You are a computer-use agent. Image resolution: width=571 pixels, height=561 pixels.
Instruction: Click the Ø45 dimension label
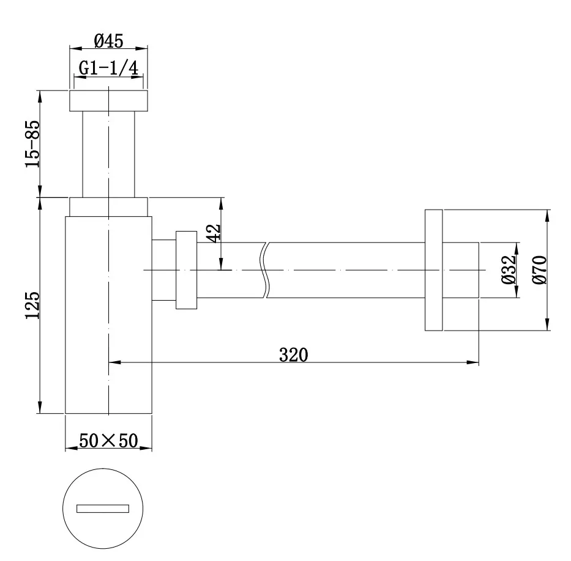[109, 40]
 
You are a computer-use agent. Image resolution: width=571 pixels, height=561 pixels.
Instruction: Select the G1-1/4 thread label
[108, 67]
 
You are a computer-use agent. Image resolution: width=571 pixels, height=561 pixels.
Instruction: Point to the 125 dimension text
[33, 305]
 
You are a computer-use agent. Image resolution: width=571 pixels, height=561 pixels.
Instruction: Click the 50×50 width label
[108, 440]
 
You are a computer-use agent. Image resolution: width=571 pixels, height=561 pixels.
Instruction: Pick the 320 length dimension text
[294, 354]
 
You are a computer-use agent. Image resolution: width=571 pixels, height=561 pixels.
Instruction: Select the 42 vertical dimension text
[214, 233]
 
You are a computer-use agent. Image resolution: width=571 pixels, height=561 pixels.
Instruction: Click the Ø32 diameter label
[508, 269]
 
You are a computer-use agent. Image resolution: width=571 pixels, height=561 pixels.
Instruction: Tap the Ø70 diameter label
[539, 269]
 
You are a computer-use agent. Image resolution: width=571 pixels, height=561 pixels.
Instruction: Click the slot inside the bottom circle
[103, 508]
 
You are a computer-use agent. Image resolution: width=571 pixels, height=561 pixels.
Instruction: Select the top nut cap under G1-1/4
[108, 101]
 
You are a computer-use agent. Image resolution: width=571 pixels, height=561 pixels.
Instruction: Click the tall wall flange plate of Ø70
[433, 270]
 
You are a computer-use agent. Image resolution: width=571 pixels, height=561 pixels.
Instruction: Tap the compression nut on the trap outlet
[186, 269]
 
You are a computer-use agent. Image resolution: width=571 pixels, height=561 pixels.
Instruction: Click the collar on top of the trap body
[108, 207]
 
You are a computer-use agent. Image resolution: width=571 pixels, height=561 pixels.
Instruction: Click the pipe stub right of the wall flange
[460, 270]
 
